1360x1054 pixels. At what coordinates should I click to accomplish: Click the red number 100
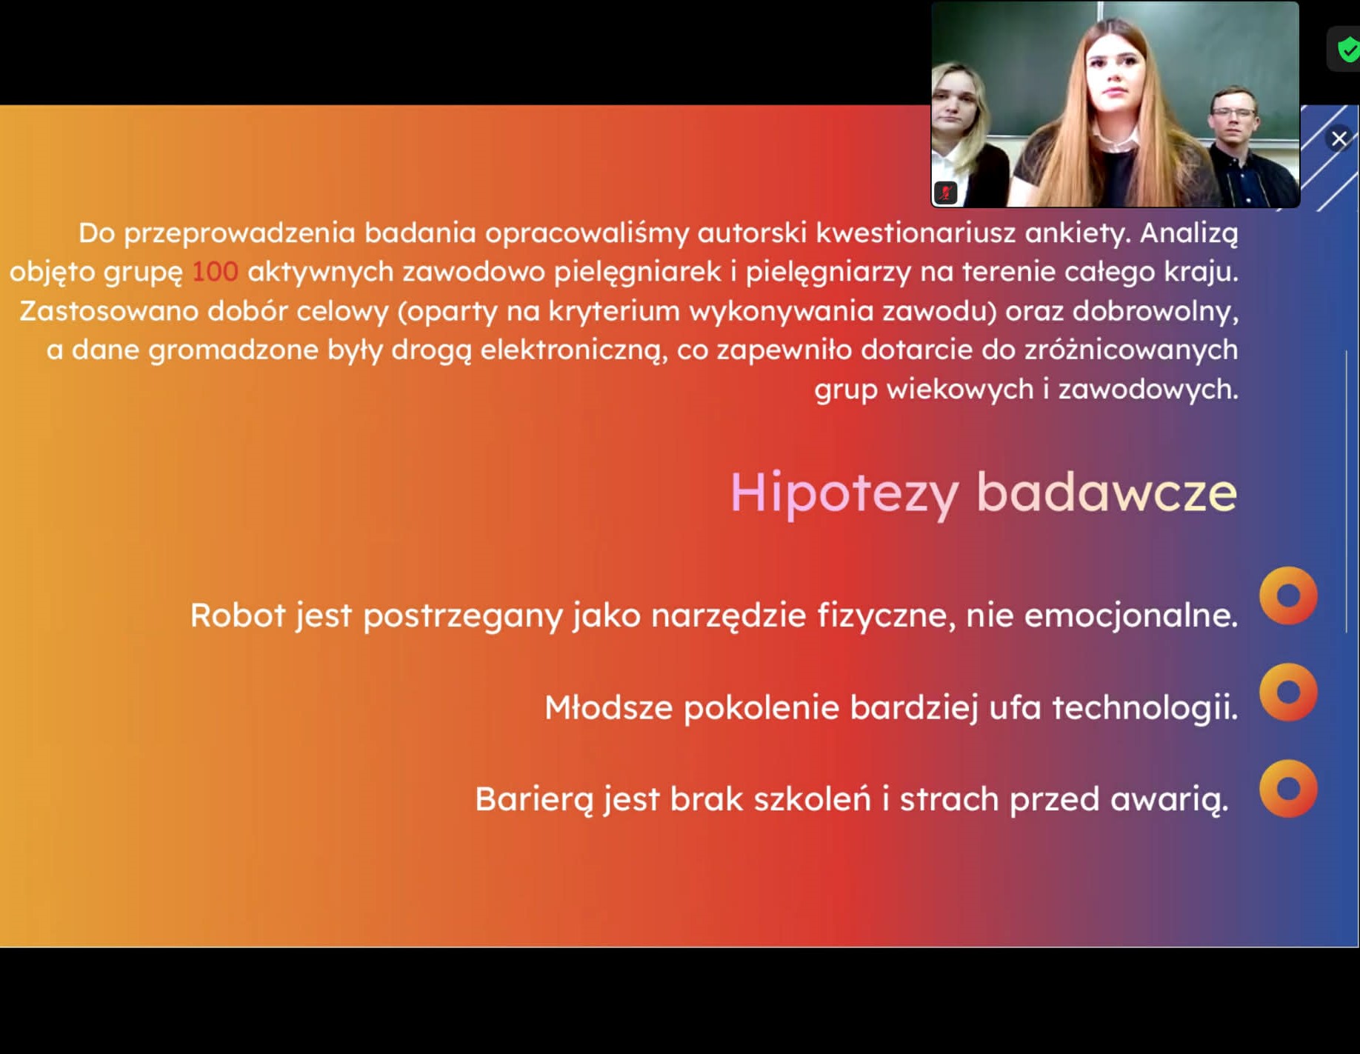[x=215, y=272]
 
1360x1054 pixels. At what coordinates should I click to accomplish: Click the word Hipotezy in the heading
[x=844, y=493]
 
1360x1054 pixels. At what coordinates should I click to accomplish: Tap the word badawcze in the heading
[x=1107, y=492]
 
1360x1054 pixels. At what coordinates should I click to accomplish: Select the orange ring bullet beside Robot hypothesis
[x=1288, y=596]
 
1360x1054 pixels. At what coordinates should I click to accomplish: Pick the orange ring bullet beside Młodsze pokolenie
[x=1288, y=692]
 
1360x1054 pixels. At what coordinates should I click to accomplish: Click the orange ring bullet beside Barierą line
[x=1288, y=788]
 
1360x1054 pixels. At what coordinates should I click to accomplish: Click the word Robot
[x=238, y=615]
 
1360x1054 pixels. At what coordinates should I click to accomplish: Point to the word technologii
[x=1145, y=707]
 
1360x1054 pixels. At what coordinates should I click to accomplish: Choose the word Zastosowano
[x=108, y=311]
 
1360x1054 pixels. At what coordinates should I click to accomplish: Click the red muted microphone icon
[x=946, y=193]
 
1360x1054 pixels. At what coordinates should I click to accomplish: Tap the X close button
[x=1339, y=139]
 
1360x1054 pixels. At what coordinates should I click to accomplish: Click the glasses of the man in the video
[x=1233, y=113]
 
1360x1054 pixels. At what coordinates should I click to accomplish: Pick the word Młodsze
[x=609, y=707]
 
